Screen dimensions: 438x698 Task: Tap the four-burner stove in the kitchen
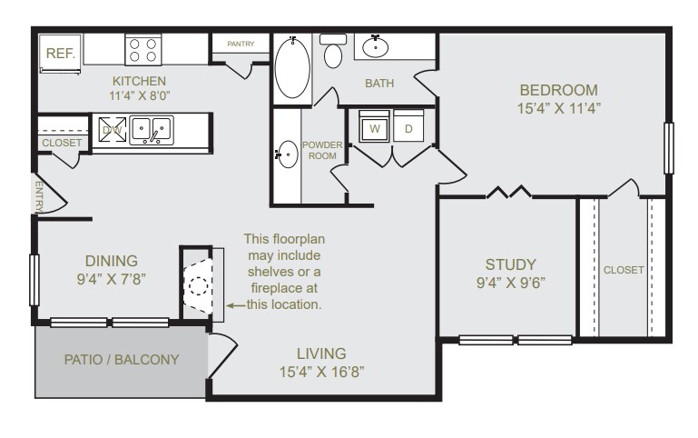click(x=143, y=49)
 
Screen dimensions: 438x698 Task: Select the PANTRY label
click(x=241, y=44)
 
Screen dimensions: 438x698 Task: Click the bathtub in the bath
click(x=292, y=68)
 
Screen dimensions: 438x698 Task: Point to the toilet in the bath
click(x=333, y=52)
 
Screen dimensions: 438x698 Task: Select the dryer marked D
click(x=408, y=128)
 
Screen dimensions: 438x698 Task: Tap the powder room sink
click(x=286, y=154)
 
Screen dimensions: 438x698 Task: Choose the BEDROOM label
click(x=558, y=90)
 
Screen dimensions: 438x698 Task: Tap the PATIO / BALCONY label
click(x=122, y=359)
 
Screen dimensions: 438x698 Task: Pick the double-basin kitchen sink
click(x=151, y=131)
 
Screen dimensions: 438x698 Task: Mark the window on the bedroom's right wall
click(x=669, y=148)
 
